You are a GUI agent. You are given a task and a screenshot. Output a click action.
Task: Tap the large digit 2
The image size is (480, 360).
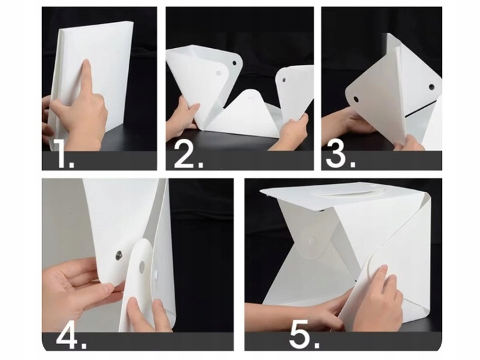point(186,155)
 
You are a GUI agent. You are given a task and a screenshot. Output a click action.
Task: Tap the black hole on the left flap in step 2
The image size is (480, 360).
point(235,63)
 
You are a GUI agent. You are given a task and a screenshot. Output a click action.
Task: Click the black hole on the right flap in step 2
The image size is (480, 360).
point(283,79)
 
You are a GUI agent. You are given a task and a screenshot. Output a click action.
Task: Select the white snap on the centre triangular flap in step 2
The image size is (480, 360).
point(251,97)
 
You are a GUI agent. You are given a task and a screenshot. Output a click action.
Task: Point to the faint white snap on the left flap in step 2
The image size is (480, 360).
point(219,73)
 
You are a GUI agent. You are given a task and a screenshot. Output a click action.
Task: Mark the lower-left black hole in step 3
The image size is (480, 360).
point(356,99)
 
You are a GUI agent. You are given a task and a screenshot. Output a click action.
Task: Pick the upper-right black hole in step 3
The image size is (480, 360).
point(431,87)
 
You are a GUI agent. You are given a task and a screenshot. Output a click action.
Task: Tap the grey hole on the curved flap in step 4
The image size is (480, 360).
point(142,267)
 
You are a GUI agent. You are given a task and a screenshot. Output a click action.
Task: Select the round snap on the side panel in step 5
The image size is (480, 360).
point(312,242)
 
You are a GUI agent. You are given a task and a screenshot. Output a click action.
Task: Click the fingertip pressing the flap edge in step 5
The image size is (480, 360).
point(381,269)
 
